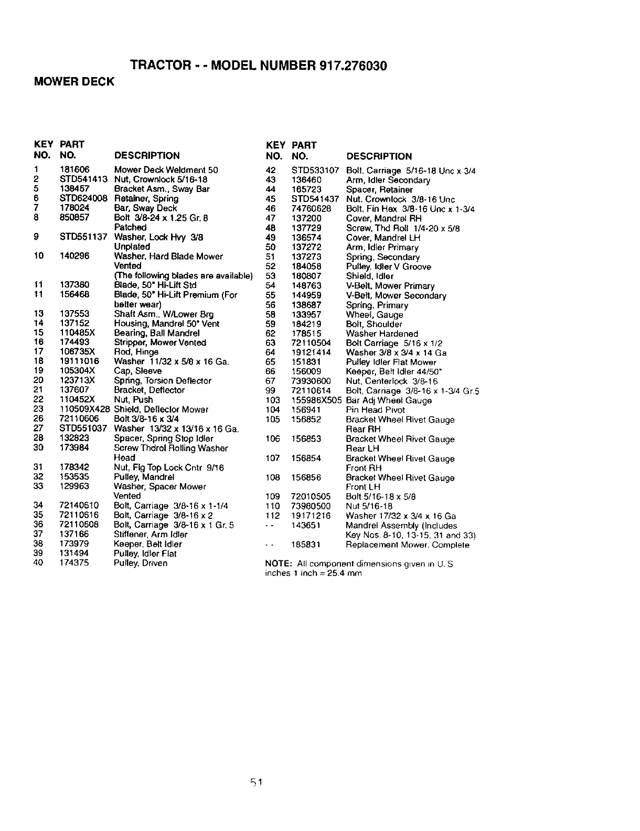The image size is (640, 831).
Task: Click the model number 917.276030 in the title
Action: coord(353,66)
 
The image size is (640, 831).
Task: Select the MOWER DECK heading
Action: coord(73,82)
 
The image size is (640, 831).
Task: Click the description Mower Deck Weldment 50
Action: coord(166,170)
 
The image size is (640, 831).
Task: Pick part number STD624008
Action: coord(83,199)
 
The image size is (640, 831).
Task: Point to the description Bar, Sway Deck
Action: coord(145,208)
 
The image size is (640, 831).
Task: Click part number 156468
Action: coord(74,295)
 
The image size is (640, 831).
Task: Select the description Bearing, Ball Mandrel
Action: coord(157,333)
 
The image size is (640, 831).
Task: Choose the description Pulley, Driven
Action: coord(141,563)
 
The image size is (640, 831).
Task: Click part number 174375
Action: coord(74,563)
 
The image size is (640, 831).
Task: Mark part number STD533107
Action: coord(315,171)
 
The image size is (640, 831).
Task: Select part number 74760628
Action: coord(311,209)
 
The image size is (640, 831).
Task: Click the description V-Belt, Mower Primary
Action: coord(390,286)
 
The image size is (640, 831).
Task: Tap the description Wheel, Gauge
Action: coord(375,315)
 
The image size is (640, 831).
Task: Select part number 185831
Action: coord(306,545)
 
